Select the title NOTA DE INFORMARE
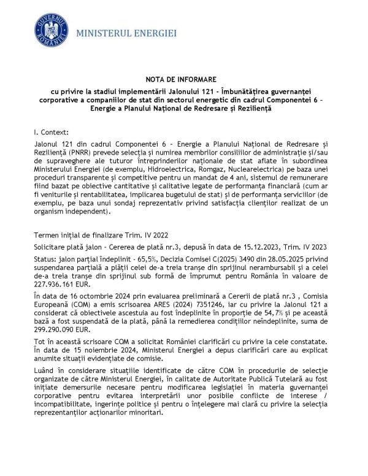tap(183, 80)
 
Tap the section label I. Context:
tap(52, 132)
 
